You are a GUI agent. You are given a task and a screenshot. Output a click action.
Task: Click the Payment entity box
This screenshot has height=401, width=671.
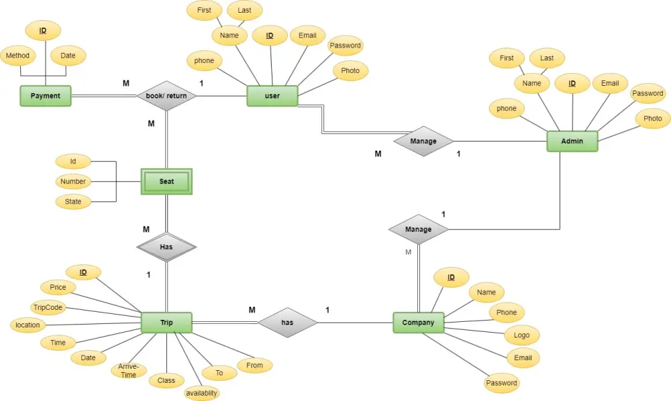pos(46,96)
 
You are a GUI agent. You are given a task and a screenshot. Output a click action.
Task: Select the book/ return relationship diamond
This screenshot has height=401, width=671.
pos(166,96)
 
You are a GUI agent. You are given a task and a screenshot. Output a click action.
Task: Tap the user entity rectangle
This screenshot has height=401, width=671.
pos(272,96)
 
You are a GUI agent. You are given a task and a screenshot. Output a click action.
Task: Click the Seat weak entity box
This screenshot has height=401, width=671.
pos(166,181)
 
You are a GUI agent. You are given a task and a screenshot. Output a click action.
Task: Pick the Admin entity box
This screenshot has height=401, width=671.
pos(572,141)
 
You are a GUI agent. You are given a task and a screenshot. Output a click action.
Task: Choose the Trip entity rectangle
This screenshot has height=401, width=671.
pos(166,323)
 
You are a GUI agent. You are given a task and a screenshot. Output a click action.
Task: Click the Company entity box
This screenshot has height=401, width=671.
pos(418,323)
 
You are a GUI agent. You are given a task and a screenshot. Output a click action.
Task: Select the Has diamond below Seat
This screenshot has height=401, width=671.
pos(166,247)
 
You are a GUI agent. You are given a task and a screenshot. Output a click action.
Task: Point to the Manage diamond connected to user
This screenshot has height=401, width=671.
pos(423,141)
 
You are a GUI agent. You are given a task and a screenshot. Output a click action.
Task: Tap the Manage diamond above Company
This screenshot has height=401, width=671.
pos(418,229)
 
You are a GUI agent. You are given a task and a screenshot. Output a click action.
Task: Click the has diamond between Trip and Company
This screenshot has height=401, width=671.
pos(287,323)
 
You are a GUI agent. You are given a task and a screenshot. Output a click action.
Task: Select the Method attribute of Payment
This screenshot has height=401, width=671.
pos(17,56)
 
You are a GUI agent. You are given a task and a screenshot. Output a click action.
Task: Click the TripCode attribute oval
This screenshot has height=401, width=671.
pos(47,307)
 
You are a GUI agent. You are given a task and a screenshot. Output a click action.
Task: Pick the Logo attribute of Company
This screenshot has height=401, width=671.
pos(521,335)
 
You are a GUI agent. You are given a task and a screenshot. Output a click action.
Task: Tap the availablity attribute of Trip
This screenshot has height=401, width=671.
pos(201,393)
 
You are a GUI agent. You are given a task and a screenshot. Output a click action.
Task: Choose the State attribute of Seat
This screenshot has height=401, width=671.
pos(73,201)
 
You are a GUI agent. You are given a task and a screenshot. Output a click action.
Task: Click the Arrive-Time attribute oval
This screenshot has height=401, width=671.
pos(128,371)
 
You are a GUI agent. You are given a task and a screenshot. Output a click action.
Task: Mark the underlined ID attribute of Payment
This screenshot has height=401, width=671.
pos(43,30)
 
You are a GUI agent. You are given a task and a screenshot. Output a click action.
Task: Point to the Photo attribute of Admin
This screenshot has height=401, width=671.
pos(652,119)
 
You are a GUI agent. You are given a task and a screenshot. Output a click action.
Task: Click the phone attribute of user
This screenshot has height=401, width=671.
pos(204,61)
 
